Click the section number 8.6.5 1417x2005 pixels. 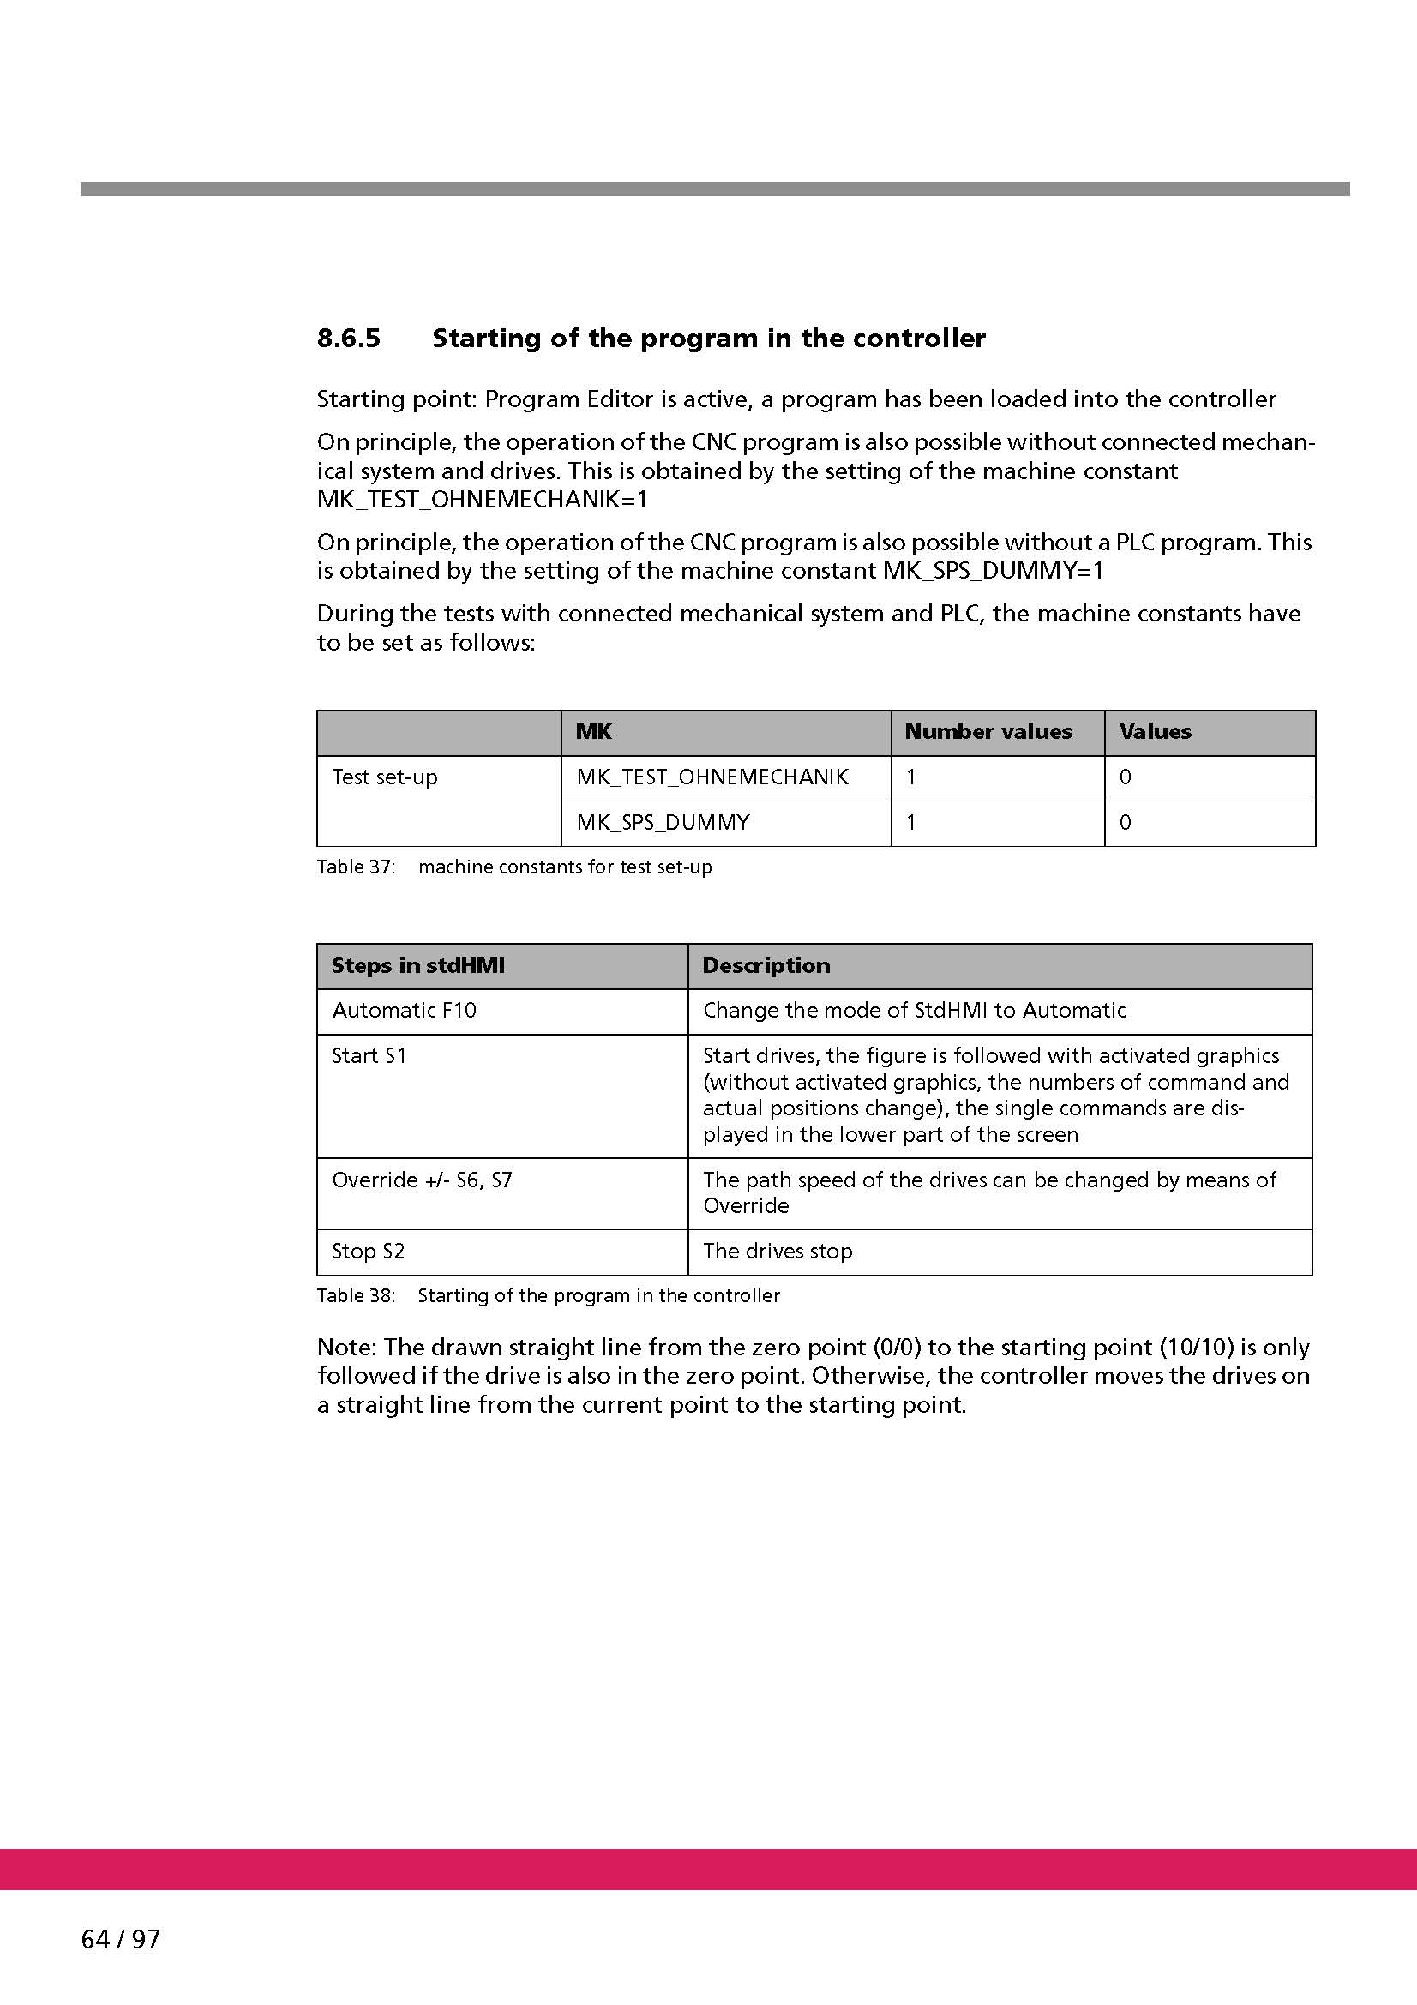pyautogui.click(x=348, y=339)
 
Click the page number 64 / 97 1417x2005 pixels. pyautogui.click(x=121, y=1939)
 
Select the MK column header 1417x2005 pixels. pyautogui.click(x=594, y=732)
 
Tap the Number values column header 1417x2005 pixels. pyautogui.click(x=988, y=732)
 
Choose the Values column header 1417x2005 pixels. pyautogui.click(x=1155, y=732)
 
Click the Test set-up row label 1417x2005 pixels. pyautogui.click(x=385, y=777)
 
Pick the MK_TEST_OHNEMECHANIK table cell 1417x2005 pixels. pyautogui.click(x=712, y=777)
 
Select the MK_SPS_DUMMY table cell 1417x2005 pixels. pyautogui.click(x=663, y=823)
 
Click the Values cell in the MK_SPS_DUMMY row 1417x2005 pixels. pyautogui.click(x=1126, y=823)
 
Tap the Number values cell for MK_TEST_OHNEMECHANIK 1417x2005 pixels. pyautogui.click(x=911, y=777)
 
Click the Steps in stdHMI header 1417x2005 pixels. pyautogui.click(x=418, y=966)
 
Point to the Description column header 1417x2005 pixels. pyautogui.click(x=766, y=966)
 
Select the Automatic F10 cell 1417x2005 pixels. pyautogui.click(x=405, y=1011)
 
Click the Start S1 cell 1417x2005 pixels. pyautogui.click(x=369, y=1056)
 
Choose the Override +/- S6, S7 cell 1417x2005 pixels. pyautogui.click(x=423, y=1180)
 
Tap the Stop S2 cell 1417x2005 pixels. pyautogui.click(x=369, y=1252)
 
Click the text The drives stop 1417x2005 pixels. pyautogui.click(x=778, y=1252)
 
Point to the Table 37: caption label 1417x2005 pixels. pyautogui.click(x=357, y=867)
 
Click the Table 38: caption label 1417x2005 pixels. pyautogui.click(x=357, y=1295)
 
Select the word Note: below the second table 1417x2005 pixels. pyautogui.click(x=346, y=1348)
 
